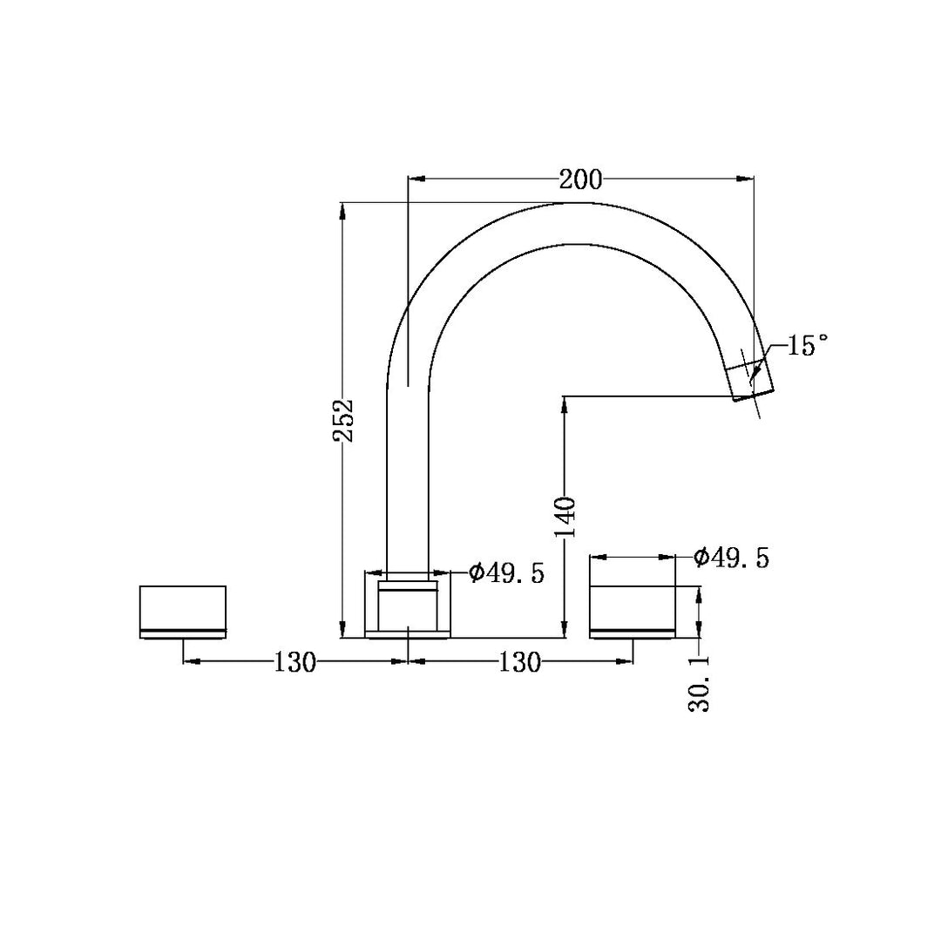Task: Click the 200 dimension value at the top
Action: tap(580, 179)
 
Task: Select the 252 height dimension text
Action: tap(344, 421)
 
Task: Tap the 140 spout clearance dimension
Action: tap(565, 518)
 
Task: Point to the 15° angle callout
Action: tap(807, 346)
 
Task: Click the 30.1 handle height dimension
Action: tap(699, 684)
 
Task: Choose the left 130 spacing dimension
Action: tap(294, 662)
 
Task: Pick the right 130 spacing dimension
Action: tap(519, 662)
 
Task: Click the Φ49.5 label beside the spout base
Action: tap(506, 573)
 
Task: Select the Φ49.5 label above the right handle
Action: tap(731, 558)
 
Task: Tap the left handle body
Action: tap(183, 612)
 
